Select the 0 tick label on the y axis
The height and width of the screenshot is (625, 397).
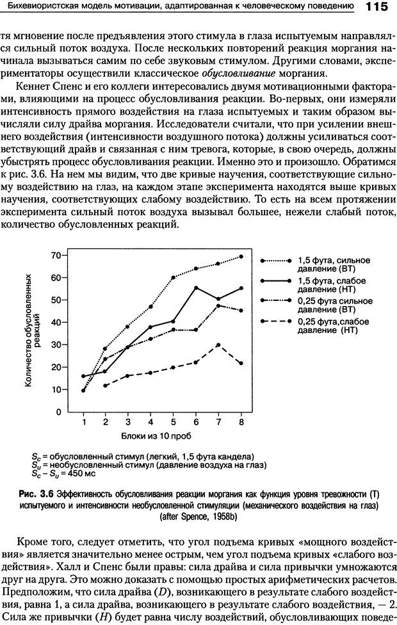(57, 412)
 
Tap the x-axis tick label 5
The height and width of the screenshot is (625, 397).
(173, 423)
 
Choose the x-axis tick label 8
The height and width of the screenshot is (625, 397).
(241, 423)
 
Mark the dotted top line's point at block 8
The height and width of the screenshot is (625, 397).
(241, 256)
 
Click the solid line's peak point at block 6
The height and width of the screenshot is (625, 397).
(196, 288)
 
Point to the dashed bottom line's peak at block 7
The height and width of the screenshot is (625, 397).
(218, 345)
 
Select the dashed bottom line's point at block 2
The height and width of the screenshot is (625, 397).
(105, 386)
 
